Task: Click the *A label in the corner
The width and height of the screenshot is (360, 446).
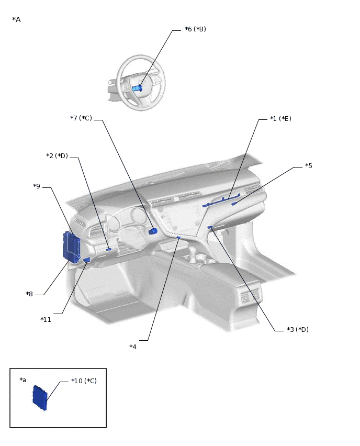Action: click(16, 19)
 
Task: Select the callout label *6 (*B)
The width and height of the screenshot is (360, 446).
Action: click(195, 29)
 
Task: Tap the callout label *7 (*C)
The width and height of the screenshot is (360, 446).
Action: click(81, 118)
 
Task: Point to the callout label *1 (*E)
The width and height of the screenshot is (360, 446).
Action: click(280, 119)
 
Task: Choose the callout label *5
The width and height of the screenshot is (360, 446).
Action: click(309, 166)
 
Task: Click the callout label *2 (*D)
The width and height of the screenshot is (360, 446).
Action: click(57, 156)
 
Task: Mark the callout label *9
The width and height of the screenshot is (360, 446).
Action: click(37, 186)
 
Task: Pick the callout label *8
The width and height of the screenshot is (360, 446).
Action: click(29, 294)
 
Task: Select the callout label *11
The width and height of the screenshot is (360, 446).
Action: click(46, 319)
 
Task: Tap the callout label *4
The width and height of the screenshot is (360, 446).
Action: click(133, 347)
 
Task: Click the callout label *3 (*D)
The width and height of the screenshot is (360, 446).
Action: click(298, 330)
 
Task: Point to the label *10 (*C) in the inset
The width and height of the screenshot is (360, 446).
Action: click(84, 381)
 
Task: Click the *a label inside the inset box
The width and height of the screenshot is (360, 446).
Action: click(22, 380)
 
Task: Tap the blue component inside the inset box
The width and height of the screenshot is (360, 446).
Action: click(39, 397)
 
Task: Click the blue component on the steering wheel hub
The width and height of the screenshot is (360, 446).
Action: click(137, 88)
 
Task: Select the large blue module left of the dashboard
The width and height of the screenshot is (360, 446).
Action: click(71, 247)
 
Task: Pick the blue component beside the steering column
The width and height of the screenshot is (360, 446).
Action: click(153, 231)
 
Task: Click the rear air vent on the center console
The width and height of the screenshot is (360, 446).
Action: click(245, 297)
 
